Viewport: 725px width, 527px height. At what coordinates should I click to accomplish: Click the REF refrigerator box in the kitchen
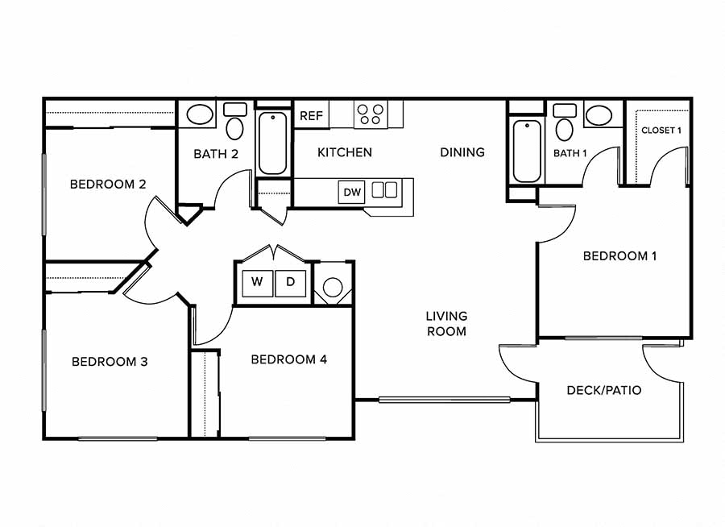point(311,115)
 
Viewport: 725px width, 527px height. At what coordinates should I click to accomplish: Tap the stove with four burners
point(371,114)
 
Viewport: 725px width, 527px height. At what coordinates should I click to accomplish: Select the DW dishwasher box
point(352,192)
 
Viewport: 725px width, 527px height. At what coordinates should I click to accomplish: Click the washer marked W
point(258,283)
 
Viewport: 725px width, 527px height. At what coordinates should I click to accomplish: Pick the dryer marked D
point(291,283)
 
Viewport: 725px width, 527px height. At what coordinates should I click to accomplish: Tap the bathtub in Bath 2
point(272,143)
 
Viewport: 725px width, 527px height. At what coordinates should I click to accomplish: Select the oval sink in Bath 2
point(200,114)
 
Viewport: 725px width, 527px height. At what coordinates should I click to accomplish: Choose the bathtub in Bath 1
point(527,151)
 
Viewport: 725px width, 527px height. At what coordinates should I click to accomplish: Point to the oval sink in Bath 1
point(599,114)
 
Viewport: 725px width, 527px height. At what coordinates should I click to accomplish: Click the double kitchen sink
point(384,190)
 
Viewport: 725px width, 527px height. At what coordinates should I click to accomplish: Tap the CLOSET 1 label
point(661,131)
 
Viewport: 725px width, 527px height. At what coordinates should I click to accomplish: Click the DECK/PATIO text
point(604,390)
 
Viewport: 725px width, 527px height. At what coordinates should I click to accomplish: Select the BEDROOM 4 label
point(288,359)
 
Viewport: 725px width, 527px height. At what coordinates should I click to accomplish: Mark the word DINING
point(462,152)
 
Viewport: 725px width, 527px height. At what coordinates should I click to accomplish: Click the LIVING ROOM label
point(446,323)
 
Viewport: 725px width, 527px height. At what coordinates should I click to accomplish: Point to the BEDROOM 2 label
point(108,185)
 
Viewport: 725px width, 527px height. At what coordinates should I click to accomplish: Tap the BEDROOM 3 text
point(110,362)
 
